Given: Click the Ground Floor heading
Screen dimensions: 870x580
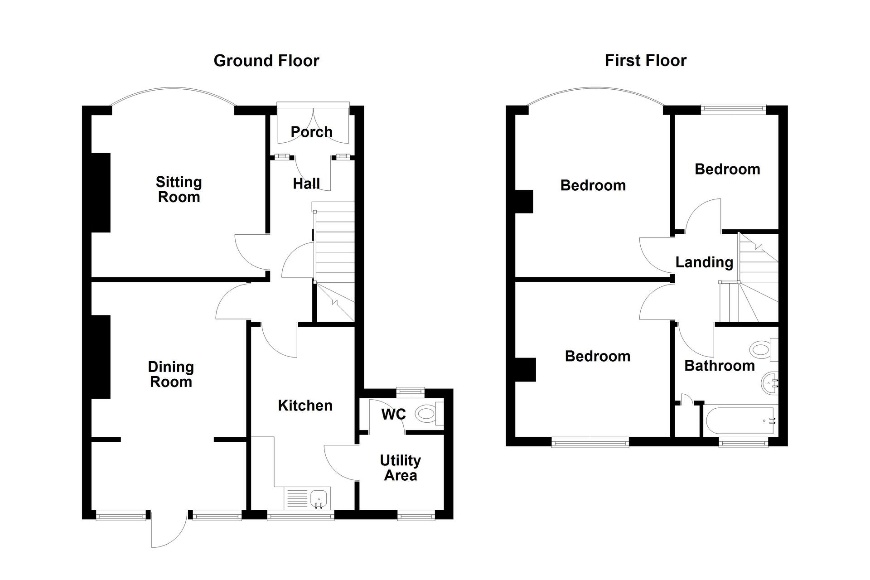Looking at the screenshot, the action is tap(266, 61).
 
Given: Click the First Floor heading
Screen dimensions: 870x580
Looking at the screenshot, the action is tap(646, 60).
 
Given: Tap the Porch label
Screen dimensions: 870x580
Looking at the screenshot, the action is tap(312, 132).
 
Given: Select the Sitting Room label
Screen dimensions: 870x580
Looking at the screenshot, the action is tap(179, 189).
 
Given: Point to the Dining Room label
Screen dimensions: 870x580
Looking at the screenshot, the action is tap(171, 374).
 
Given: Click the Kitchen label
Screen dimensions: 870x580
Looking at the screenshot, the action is tap(305, 406).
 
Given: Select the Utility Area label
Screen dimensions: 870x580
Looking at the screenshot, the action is tap(401, 468).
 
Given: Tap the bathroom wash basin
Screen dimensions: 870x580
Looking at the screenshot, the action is tap(769, 382).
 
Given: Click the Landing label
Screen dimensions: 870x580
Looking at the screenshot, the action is tap(704, 262).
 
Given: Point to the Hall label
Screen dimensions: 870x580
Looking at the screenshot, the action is tap(306, 184).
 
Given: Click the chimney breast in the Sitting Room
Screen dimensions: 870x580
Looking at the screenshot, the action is tap(101, 193).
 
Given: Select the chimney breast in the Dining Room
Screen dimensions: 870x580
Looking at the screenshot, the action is tap(101, 357).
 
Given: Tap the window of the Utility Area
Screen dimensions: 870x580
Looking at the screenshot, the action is tap(416, 515).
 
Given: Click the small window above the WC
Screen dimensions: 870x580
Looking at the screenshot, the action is tap(411, 390).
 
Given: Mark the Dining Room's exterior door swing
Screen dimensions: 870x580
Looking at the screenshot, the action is tap(169, 529).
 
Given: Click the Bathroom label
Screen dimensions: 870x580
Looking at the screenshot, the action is tap(720, 366).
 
